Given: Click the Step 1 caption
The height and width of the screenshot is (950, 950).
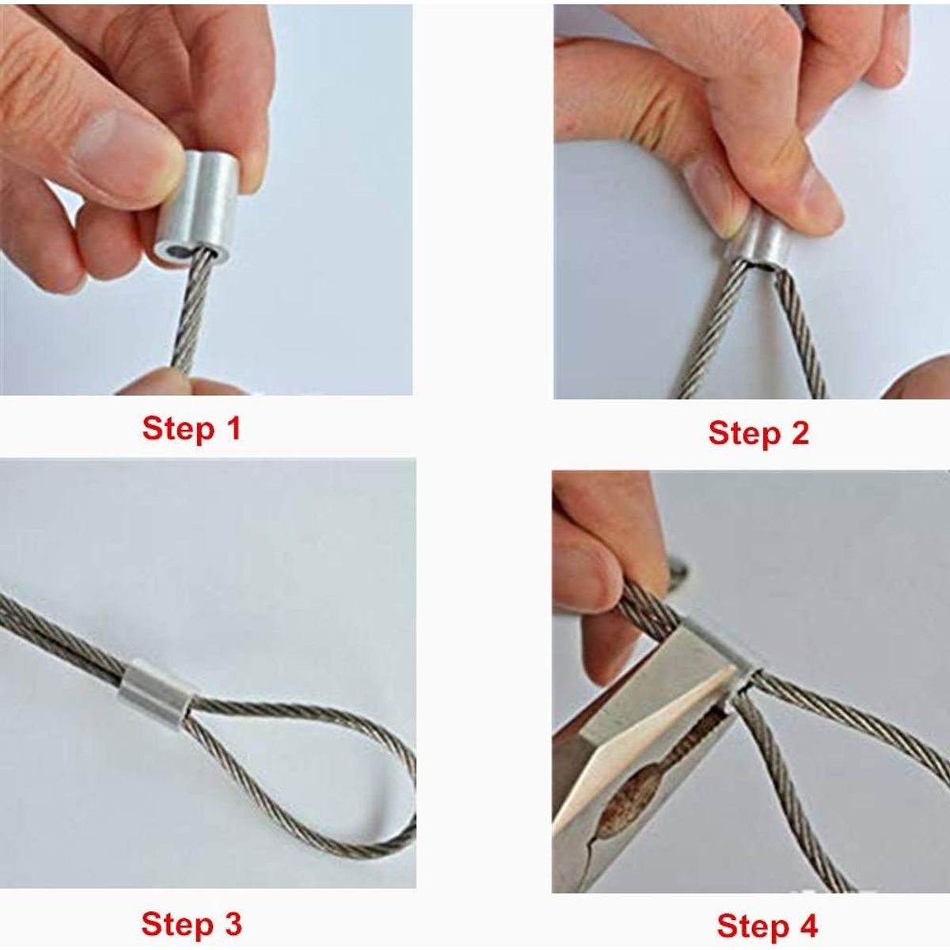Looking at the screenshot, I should pyautogui.click(x=191, y=428).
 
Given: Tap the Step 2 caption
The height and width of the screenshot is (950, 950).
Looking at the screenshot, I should pyautogui.click(x=758, y=433).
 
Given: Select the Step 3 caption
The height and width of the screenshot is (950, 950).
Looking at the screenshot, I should pyautogui.click(x=191, y=924).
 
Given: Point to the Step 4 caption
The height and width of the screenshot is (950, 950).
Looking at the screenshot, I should pyautogui.click(x=766, y=925).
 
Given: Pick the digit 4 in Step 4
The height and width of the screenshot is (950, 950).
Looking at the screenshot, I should pyautogui.click(x=807, y=925).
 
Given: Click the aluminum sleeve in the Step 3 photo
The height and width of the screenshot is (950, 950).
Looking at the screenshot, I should pyautogui.click(x=154, y=690).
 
